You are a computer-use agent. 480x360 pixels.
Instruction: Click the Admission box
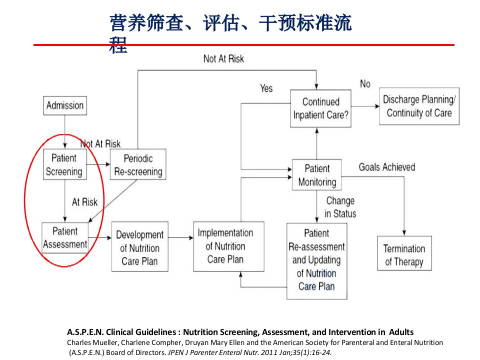[65, 105]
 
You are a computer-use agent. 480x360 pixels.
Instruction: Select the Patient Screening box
[65, 164]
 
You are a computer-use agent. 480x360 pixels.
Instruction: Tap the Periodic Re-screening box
[138, 164]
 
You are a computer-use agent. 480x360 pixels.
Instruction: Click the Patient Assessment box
[65, 237]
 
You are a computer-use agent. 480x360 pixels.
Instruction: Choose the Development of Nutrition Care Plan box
[139, 246]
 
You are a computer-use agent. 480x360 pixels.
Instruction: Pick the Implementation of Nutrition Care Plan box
[228, 246]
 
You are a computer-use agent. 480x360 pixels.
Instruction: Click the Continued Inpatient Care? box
[320, 108]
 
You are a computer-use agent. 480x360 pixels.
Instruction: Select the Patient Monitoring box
[317, 175]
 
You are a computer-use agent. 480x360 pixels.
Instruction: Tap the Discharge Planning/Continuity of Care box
[419, 106]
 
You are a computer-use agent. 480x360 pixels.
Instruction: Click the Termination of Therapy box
[404, 253]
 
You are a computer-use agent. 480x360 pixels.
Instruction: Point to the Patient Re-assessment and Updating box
[317, 261]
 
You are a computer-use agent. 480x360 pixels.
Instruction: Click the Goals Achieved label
[387, 167]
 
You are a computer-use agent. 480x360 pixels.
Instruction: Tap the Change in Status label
[340, 207]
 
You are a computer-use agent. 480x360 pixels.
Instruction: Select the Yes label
[266, 88]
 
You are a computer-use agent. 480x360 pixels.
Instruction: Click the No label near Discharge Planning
[365, 83]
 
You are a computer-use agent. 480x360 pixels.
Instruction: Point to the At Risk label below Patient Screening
[85, 202]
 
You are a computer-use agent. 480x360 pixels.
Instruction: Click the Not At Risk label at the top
[224, 59]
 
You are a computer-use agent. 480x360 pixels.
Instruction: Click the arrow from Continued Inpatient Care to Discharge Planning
[365, 106]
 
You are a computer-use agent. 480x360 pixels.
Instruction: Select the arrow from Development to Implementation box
[180, 237]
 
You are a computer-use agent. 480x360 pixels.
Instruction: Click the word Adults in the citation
[401, 332]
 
